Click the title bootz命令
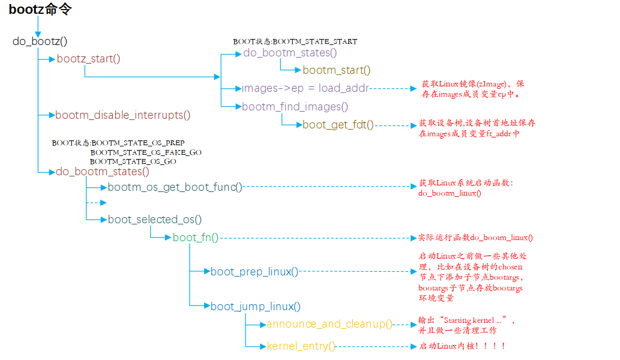point(40,10)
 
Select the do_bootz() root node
point(40,41)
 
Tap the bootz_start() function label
point(88,59)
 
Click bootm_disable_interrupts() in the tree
point(122,115)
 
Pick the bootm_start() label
point(336,70)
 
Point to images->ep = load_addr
point(304,88)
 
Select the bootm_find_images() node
point(295,107)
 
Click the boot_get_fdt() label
point(338,125)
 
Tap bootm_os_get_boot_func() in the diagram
point(175,187)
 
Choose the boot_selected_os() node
point(154,219)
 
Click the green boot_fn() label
point(195,238)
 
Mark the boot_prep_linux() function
point(254,272)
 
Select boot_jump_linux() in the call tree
point(255,307)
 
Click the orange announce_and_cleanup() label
point(329,324)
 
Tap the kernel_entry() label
point(301,346)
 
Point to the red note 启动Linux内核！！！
point(462,346)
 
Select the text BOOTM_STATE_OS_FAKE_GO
point(146,152)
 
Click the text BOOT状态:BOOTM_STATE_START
point(295,42)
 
